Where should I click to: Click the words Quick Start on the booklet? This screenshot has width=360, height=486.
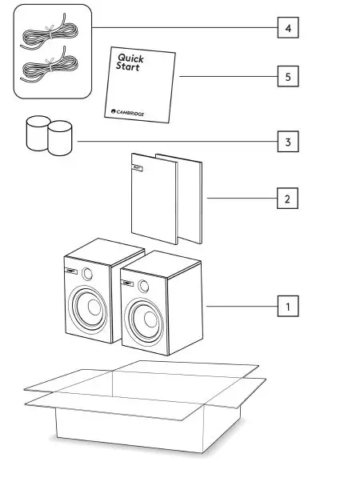click(130, 63)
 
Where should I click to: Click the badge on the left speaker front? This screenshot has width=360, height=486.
click(72, 271)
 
